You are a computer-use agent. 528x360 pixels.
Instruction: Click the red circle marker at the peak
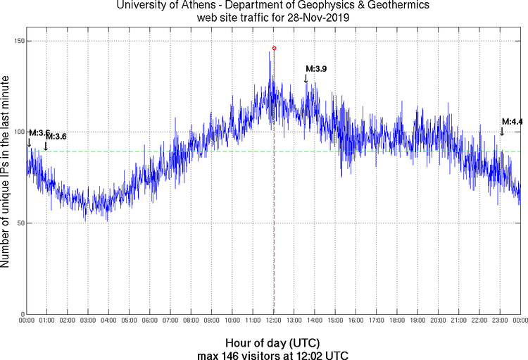point(275,49)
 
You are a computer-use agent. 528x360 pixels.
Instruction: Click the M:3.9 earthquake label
point(316,69)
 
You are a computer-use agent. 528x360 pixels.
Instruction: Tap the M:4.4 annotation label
point(512,122)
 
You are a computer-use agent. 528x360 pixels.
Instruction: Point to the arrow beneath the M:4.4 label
point(502,131)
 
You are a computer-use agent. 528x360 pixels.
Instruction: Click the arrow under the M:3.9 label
point(306,78)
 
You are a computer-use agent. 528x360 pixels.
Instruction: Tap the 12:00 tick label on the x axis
point(274,321)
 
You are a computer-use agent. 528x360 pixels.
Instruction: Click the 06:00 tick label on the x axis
point(150,321)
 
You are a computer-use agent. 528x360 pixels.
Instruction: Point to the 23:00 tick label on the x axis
point(500,321)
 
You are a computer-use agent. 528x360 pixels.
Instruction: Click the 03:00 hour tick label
point(88,321)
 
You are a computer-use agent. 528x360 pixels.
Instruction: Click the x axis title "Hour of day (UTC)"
point(272,342)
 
